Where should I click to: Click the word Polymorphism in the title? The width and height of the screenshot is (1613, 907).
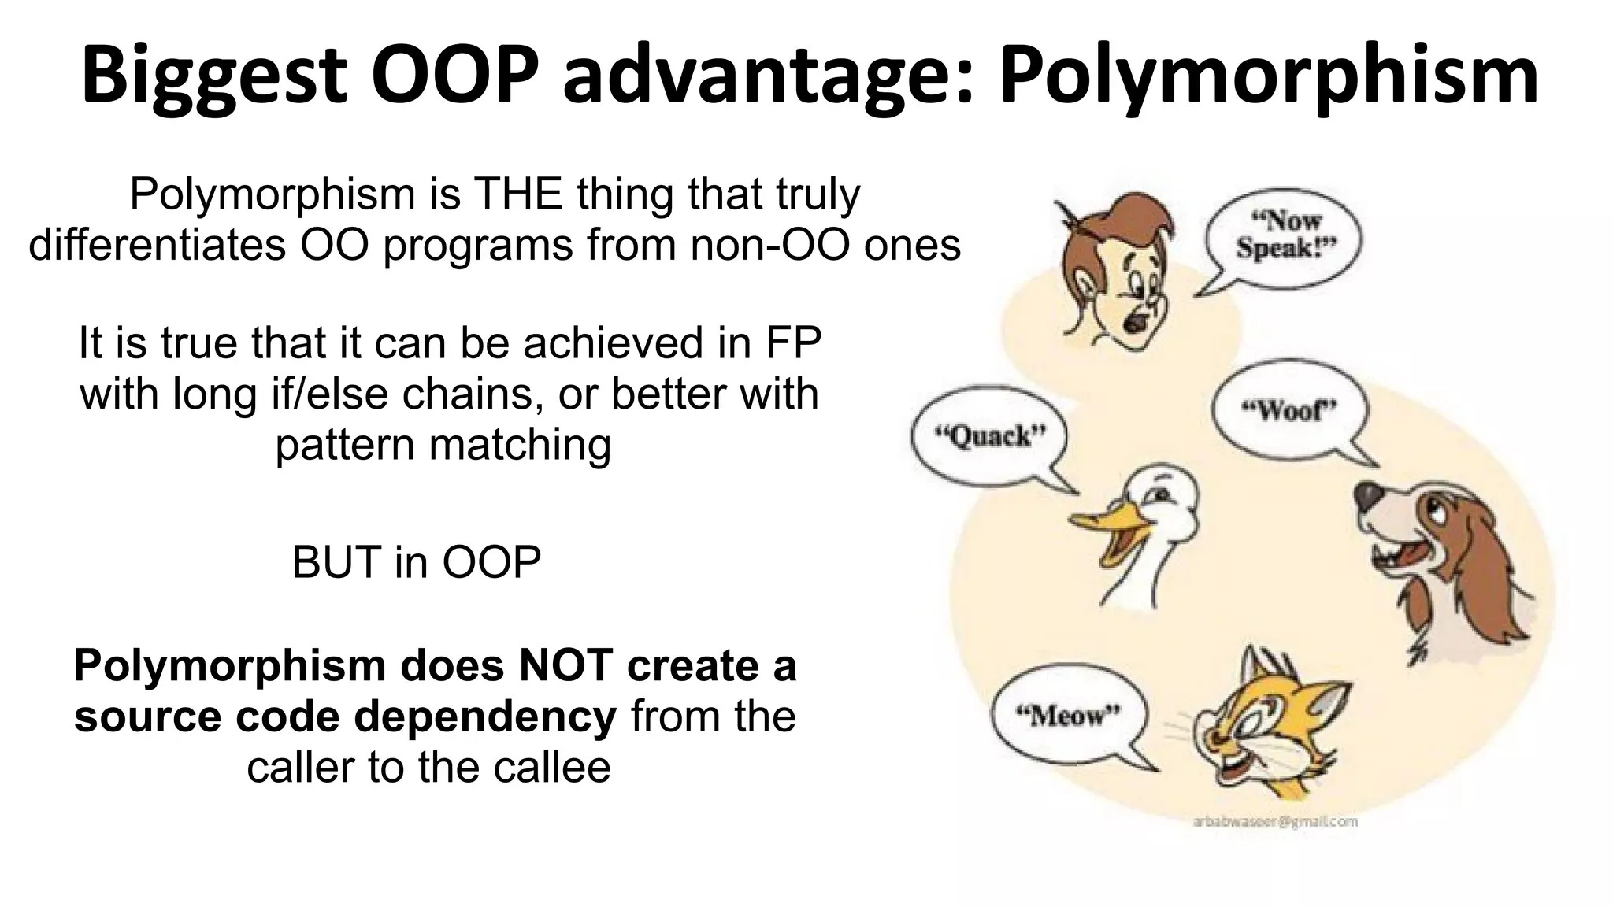click(x=1269, y=75)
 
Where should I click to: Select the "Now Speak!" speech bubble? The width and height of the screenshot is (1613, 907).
click(x=1286, y=235)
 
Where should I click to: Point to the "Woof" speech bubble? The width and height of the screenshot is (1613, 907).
click(x=1289, y=409)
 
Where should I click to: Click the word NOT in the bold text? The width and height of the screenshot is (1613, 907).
click(x=565, y=665)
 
